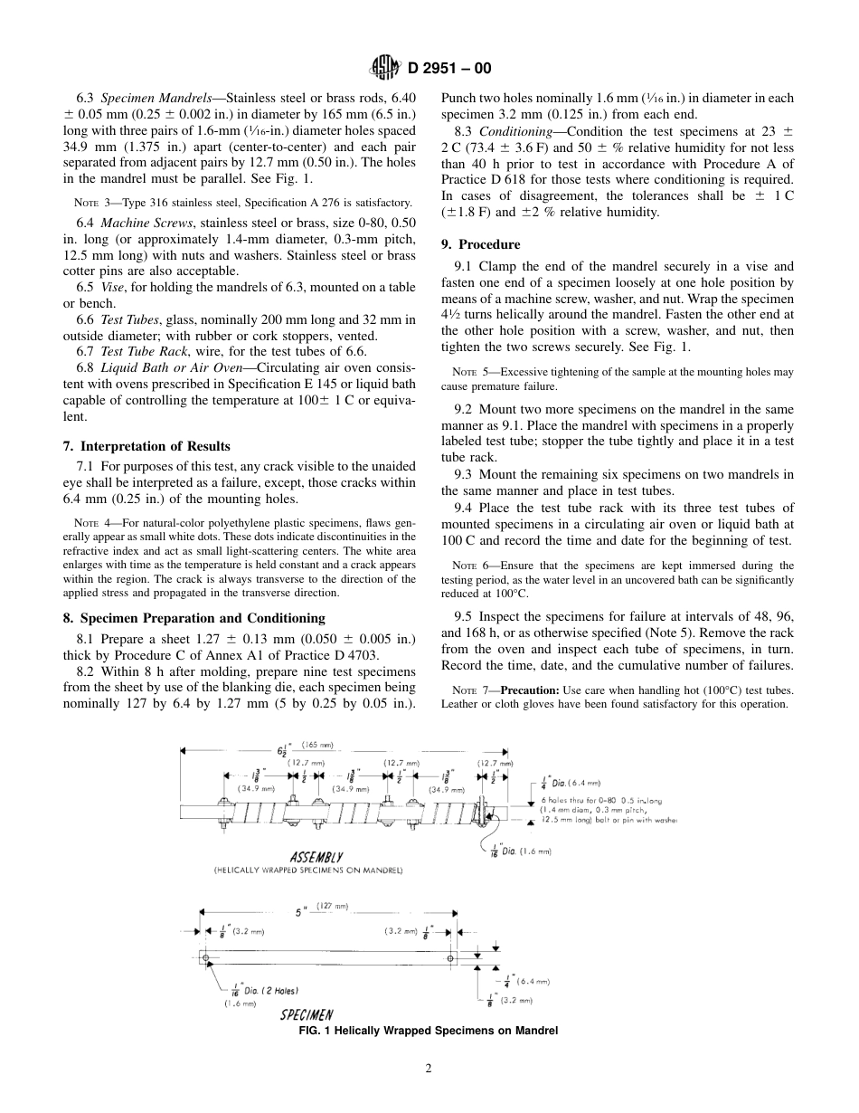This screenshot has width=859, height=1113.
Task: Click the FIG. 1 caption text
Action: point(429,1031)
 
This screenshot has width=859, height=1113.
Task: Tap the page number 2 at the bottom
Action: point(429,1068)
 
